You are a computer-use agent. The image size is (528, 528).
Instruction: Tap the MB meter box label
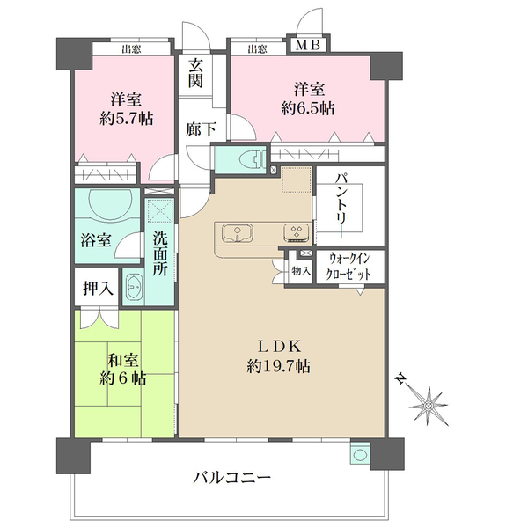point(308,46)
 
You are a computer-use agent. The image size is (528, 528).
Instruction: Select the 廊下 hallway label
point(202,128)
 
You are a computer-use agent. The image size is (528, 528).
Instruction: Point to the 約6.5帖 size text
point(307,109)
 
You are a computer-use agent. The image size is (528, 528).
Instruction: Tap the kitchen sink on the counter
point(238,232)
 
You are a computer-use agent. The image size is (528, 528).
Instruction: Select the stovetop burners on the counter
point(294,232)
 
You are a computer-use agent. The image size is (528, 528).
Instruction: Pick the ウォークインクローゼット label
point(356,267)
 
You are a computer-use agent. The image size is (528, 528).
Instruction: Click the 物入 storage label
point(300,271)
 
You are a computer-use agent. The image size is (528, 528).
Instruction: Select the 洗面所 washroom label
point(160,253)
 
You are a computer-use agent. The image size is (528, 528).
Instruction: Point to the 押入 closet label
point(98,288)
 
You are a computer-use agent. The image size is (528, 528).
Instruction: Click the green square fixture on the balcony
point(359,455)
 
